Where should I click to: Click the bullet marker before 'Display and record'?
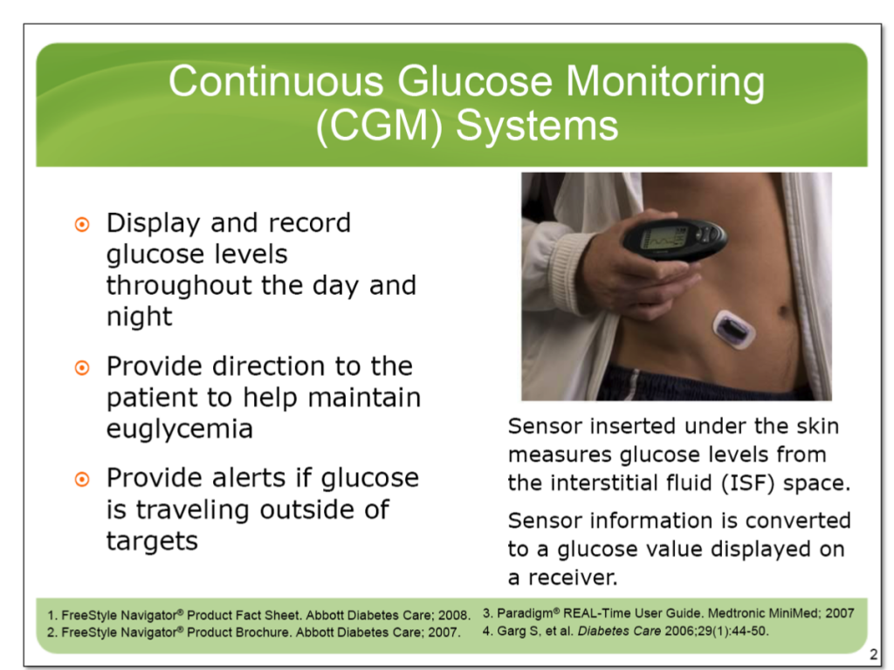pos(81,224)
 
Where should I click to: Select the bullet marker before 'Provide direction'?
pos(81,367)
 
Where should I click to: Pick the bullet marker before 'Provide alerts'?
pos(81,479)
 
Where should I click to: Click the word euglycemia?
pos(180,429)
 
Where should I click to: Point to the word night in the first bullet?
pos(140,317)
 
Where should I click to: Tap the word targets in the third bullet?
pos(152,541)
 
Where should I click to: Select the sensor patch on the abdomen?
pos(732,329)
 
